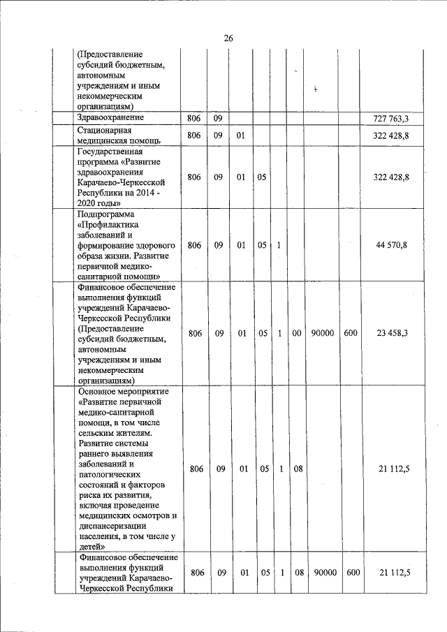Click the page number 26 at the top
[228, 38]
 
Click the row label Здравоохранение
[110, 118]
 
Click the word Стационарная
[107, 130]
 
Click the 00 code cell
[297, 333]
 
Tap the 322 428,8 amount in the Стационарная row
[391, 135]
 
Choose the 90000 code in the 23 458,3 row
[323, 333]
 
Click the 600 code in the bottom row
[353, 572]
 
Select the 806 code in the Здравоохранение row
[193, 119]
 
